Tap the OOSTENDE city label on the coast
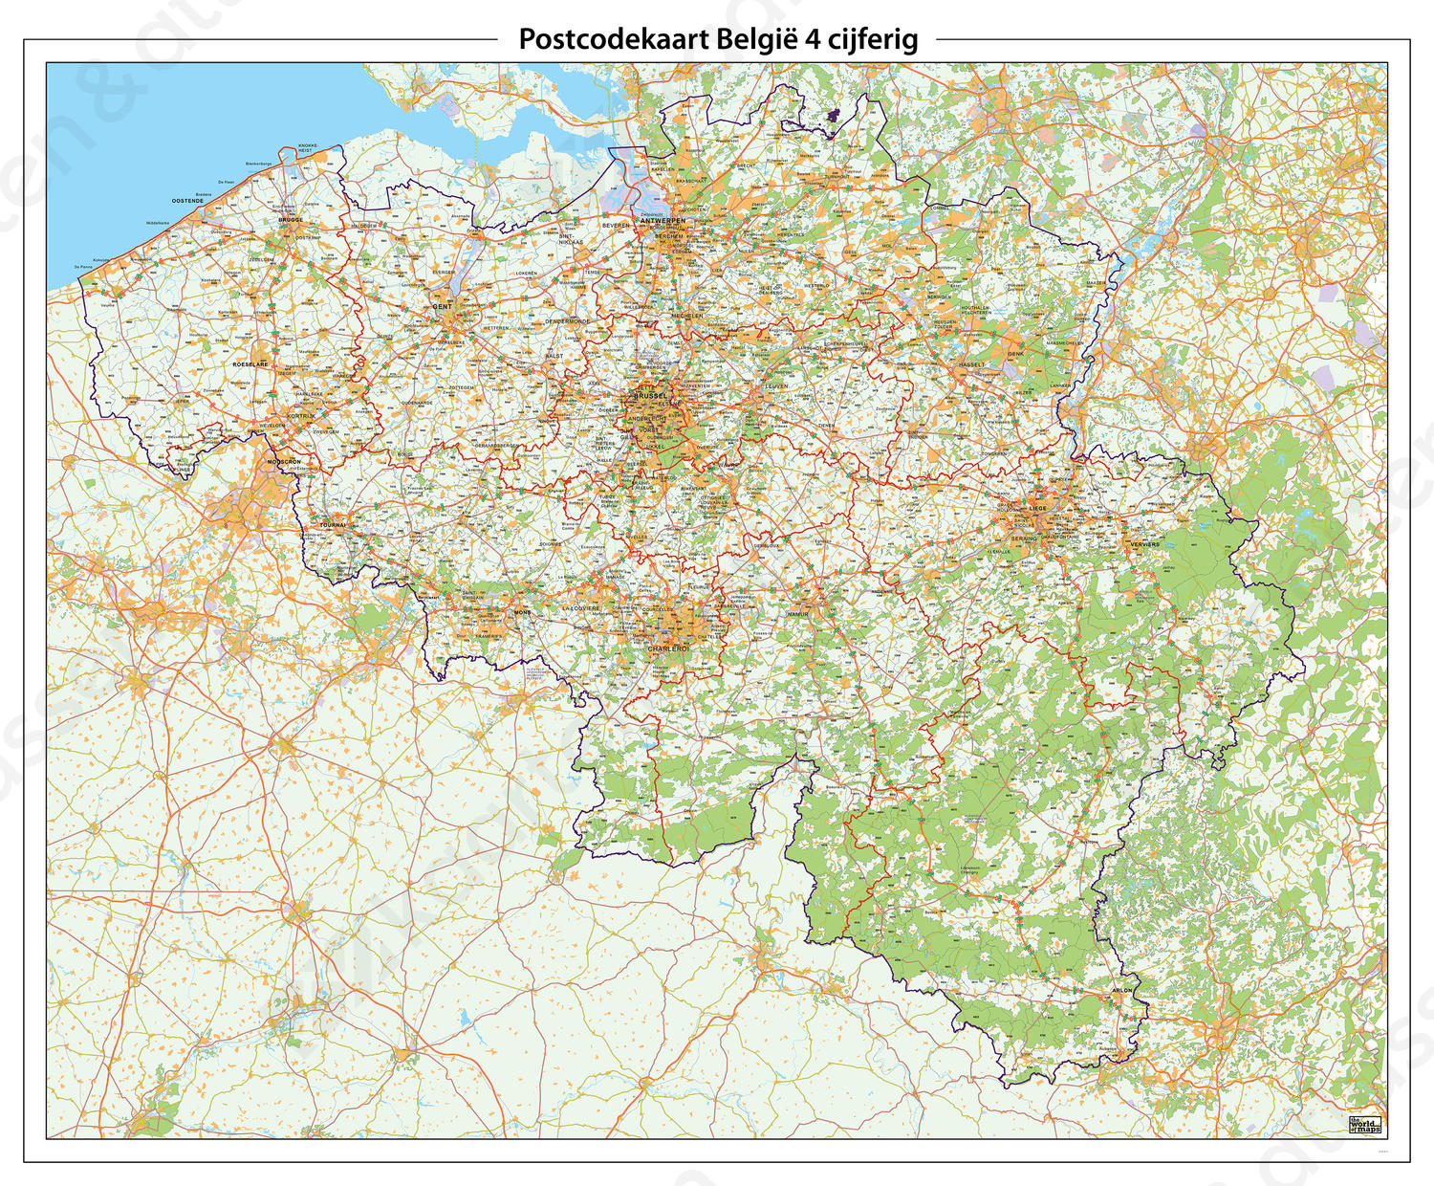pyautogui.click(x=187, y=200)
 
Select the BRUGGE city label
pyautogui.click(x=291, y=219)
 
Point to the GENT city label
pyautogui.click(x=442, y=306)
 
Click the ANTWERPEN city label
pyautogui.click(x=665, y=220)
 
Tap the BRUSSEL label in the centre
pyautogui.click(x=651, y=395)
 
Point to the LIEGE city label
pyautogui.click(x=1040, y=508)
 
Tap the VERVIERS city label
pyautogui.click(x=1143, y=544)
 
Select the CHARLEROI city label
pyautogui.click(x=667, y=648)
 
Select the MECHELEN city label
pyautogui.click(x=686, y=315)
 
